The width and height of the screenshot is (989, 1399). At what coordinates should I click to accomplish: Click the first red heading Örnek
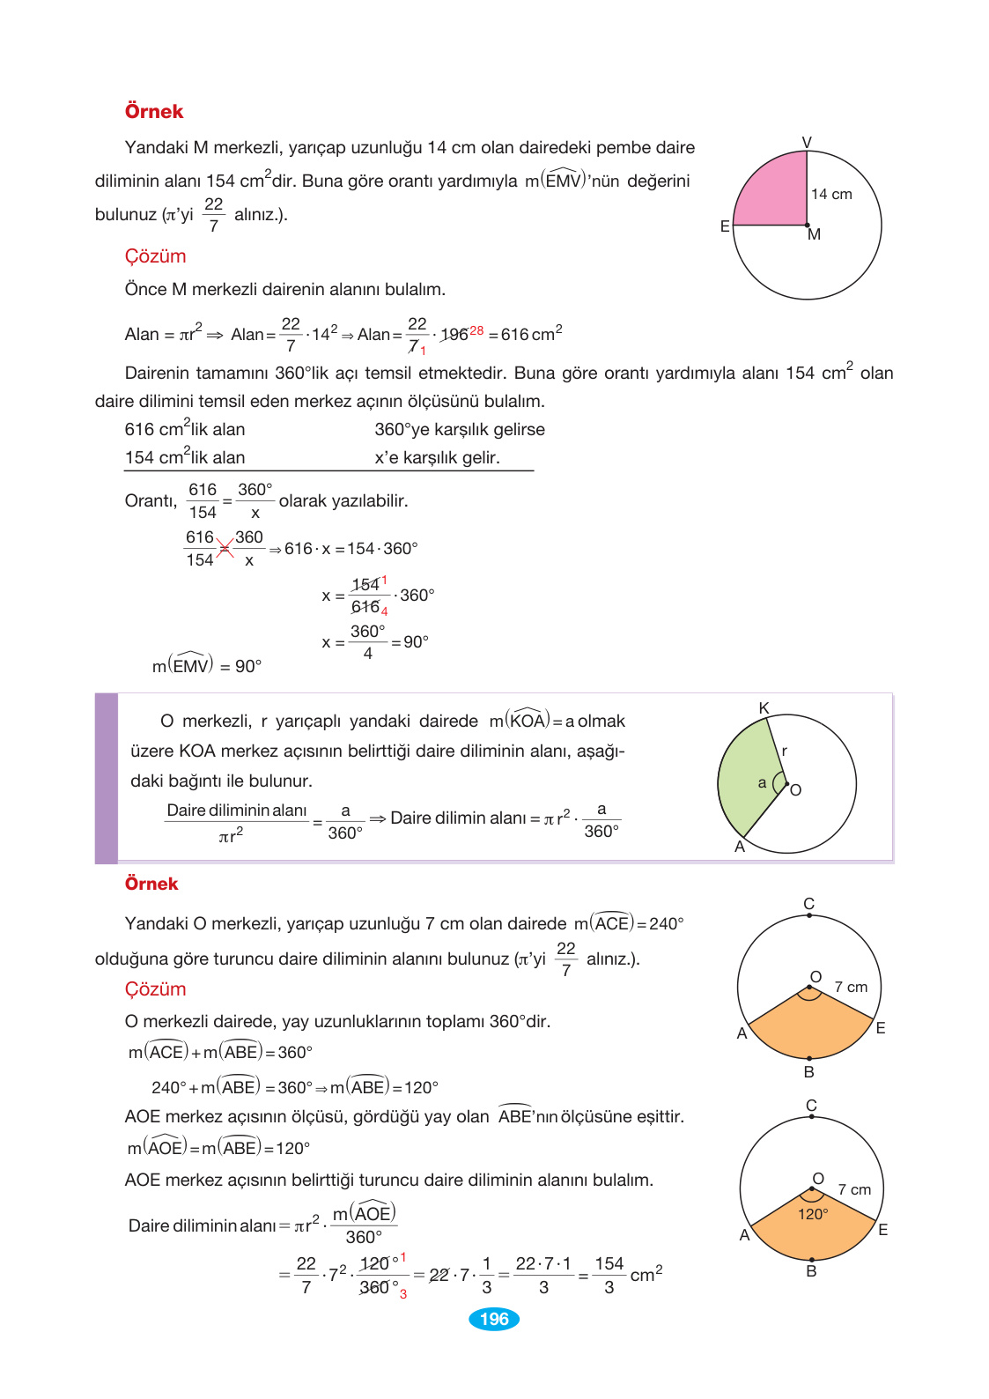(153, 112)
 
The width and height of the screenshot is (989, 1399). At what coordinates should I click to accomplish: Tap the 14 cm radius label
(830, 194)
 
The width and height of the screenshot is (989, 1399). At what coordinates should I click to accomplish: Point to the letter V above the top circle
(807, 142)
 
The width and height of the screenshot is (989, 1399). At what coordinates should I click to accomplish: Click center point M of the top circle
(808, 226)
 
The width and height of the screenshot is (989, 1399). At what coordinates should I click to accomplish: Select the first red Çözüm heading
(155, 256)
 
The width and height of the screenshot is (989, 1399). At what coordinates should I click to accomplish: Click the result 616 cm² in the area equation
(531, 334)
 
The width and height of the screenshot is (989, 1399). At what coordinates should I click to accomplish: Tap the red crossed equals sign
(225, 549)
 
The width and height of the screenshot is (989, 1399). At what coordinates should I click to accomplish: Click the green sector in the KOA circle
(744, 775)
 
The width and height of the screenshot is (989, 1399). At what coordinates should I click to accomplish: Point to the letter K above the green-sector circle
(764, 708)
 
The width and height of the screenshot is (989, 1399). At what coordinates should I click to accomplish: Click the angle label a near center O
(762, 782)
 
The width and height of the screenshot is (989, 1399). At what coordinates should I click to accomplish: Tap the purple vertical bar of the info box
(107, 778)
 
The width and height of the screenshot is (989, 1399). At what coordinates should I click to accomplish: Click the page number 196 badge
(494, 1319)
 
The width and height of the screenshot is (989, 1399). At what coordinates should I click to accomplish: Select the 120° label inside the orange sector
(812, 1214)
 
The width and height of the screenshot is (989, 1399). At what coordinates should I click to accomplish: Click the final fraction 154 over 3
(609, 1275)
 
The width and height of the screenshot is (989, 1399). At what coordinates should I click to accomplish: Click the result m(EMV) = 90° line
(207, 666)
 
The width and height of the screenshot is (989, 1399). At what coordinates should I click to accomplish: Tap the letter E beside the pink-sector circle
(725, 226)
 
